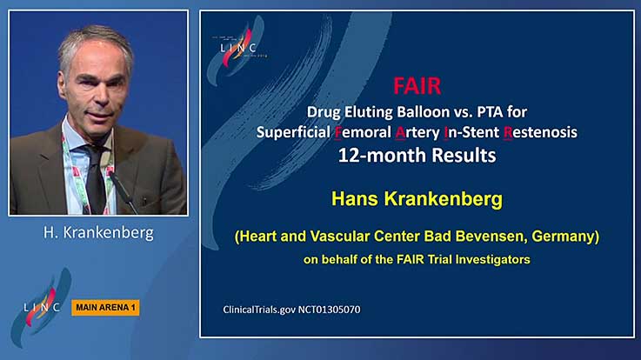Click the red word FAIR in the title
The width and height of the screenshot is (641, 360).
click(x=417, y=86)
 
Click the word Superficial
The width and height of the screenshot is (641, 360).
click(x=293, y=132)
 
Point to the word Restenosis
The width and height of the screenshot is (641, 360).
click(x=540, y=132)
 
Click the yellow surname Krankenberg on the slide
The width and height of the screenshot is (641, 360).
click(x=444, y=199)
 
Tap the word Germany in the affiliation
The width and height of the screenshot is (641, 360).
click(x=565, y=237)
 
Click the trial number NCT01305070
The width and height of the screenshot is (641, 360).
click(x=329, y=310)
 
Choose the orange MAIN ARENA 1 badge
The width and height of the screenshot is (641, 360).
click(x=105, y=308)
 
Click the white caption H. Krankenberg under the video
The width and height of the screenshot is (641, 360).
click(x=98, y=232)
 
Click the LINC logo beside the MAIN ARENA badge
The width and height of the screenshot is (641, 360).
click(x=41, y=307)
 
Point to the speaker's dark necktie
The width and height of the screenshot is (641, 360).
click(x=96, y=180)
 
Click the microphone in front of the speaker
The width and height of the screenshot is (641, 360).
click(x=123, y=192)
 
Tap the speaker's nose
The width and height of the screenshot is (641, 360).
click(x=100, y=97)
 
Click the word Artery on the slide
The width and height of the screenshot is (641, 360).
click(x=417, y=132)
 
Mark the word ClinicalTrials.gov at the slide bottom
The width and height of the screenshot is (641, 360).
click(x=259, y=310)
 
